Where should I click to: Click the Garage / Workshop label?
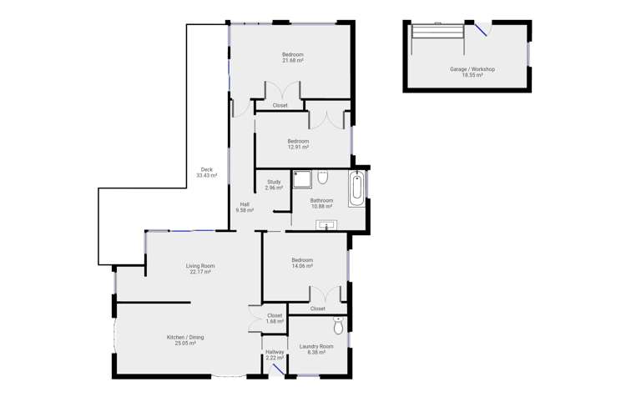click(472, 69)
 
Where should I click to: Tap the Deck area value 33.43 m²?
click(206, 176)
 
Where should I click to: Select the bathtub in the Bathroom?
click(356, 189)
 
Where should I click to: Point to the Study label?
click(274, 182)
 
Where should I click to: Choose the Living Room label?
click(200, 266)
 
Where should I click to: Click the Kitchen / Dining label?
click(184, 337)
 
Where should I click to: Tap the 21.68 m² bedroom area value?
click(292, 61)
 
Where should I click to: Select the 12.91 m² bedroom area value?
click(298, 148)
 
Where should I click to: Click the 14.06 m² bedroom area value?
click(302, 266)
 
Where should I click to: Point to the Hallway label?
click(275, 352)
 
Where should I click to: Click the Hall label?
click(245, 204)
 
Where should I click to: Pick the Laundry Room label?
click(316, 346)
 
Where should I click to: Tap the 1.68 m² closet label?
click(275, 321)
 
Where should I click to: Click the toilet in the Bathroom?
click(323, 178)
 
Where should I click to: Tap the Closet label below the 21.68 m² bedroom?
click(280, 106)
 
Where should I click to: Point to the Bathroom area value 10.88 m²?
click(321, 207)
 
